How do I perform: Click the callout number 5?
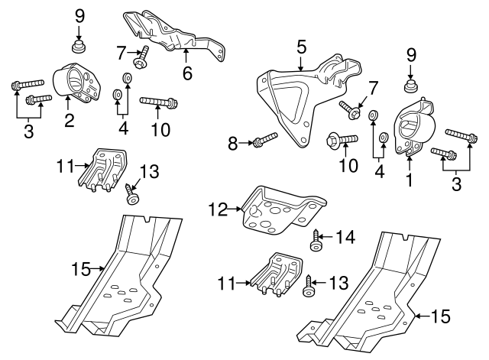[301, 47]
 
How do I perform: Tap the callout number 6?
[187, 73]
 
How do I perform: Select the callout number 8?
[232, 144]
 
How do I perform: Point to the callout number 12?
[219, 209]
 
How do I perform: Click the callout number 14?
[345, 237]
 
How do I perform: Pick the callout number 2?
[70, 120]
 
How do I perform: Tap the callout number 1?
[410, 180]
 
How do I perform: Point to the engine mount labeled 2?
[76, 82]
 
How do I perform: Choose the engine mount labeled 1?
[414, 126]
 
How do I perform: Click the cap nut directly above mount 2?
[79, 46]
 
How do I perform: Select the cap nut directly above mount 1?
[410, 86]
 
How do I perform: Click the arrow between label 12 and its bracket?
[235, 209]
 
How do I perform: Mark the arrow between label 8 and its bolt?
[246, 143]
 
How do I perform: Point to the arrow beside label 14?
[326, 237]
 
